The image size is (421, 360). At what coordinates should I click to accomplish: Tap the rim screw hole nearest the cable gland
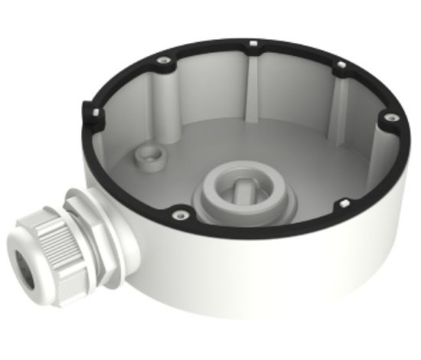point(179,215)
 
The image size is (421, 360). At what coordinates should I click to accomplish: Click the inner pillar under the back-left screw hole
point(167,100)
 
